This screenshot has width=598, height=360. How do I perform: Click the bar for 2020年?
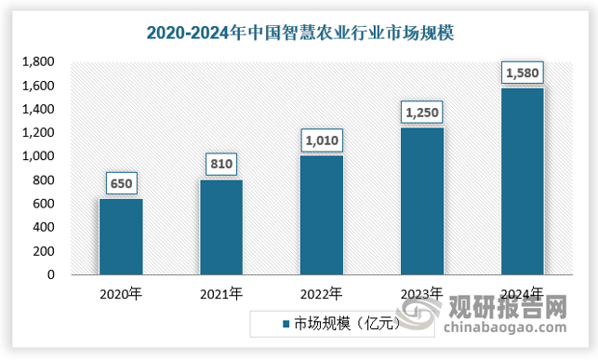[121, 236]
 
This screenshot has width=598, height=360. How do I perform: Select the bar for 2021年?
[220, 227]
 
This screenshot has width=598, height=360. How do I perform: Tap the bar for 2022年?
[321, 215]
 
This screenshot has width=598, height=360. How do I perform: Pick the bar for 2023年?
[421, 201]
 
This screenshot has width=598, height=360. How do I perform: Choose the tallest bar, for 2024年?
[521, 181]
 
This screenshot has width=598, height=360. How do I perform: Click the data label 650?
[121, 183]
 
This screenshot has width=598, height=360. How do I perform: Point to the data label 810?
[220, 165]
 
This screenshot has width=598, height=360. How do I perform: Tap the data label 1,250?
[421, 113]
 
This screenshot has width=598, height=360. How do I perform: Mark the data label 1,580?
[521, 73]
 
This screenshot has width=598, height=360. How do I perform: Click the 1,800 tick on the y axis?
[38, 62]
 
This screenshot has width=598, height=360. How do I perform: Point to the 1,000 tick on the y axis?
[38, 156]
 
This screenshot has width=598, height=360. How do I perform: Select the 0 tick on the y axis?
[50, 274]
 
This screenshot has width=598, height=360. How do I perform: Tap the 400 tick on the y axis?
[43, 227]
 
